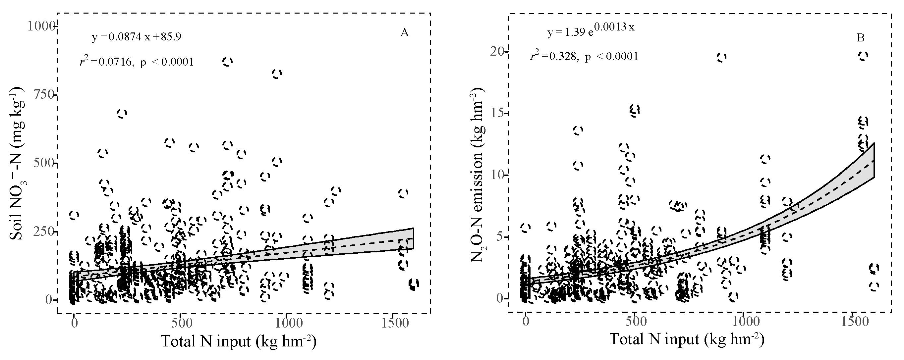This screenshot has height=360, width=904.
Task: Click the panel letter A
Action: pos(404,33)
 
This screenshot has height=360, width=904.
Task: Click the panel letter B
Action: pos(861,38)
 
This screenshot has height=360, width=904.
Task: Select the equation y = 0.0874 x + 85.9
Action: pos(137,37)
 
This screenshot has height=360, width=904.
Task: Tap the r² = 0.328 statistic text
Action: pos(584,56)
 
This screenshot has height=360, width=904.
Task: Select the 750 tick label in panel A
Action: pos(43,95)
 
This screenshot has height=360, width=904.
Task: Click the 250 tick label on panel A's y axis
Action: pos(43,232)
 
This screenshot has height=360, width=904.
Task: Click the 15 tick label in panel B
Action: pos(498,114)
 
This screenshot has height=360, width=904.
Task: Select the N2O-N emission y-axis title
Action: pos(478,176)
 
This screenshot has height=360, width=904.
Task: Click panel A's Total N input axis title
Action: pos(239,341)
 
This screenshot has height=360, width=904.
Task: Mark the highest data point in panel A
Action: pos(227,62)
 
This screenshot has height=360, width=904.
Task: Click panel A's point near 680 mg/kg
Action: pos(121,113)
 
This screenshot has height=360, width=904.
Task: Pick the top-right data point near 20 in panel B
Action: pos(863,56)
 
